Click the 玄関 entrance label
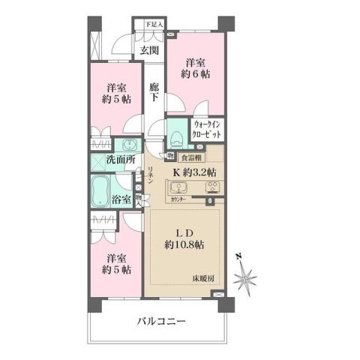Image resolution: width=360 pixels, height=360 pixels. pyautogui.click(x=148, y=51)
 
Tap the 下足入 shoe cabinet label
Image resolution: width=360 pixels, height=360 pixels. pyautogui.click(x=153, y=25)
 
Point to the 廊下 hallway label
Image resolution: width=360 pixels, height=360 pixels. pyautogui.click(x=153, y=91)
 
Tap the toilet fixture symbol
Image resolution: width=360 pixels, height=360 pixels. pyautogui.click(x=175, y=136)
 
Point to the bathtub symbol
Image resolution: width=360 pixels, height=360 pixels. pyautogui.click(x=100, y=193)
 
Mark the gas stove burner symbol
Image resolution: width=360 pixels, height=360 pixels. pyautogui.click(x=211, y=187)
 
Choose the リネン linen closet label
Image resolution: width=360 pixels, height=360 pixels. pyautogui.click(x=150, y=175)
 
